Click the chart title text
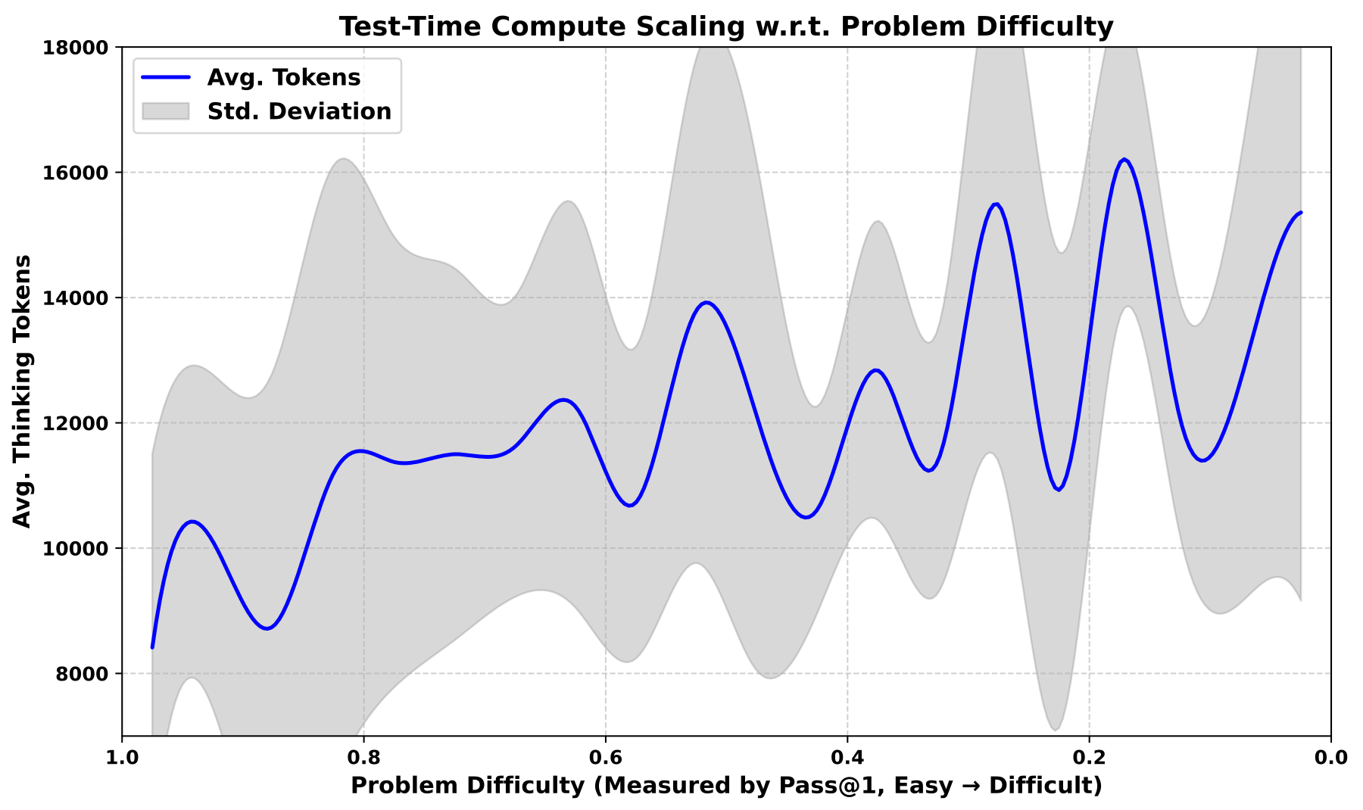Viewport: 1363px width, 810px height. pos(725,27)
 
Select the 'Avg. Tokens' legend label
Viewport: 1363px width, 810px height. pos(284,77)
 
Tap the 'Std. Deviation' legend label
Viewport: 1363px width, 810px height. pos(299,111)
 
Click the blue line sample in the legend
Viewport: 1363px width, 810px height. pos(165,77)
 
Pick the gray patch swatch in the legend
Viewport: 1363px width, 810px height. pos(165,111)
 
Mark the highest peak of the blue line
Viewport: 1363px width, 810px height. pos(1124,159)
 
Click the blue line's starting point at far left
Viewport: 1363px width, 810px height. pos(152,647)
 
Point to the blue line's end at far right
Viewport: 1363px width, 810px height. pos(1300,213)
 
